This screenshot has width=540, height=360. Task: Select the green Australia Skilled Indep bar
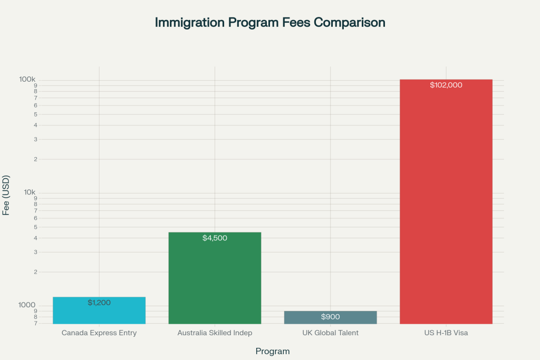215,279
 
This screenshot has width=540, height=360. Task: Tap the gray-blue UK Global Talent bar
331,317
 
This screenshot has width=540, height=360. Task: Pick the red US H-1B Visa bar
446,200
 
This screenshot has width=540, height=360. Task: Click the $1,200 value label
99,303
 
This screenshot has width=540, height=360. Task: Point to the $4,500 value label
215,238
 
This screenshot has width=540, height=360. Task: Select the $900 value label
331,317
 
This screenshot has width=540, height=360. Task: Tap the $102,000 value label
446,85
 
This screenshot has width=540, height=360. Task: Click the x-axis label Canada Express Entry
99,333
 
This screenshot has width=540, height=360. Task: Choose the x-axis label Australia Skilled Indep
215,333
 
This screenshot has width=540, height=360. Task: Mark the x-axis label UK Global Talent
331,333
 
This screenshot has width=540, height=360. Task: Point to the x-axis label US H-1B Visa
446,333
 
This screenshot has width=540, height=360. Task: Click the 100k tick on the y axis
27,79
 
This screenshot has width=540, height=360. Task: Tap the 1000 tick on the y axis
27,305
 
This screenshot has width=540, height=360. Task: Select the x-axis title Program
272,351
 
